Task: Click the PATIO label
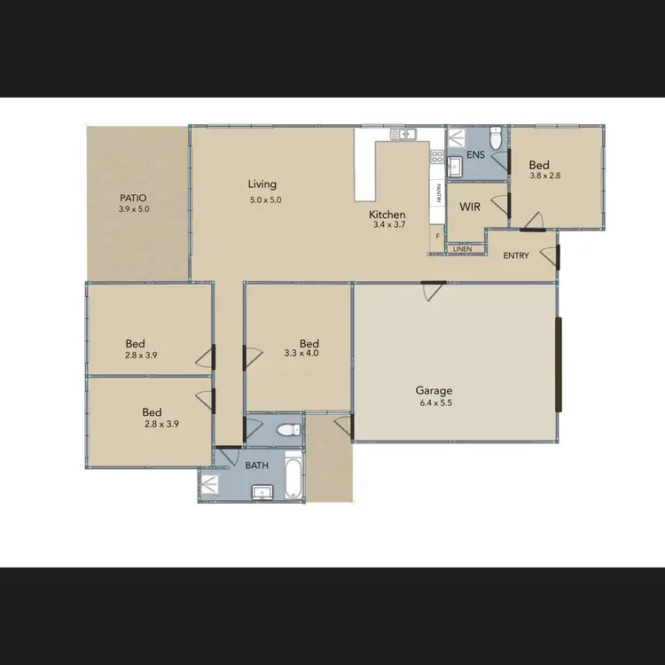133,198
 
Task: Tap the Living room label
262,184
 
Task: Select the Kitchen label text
387,215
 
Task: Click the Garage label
434,390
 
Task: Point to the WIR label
470,207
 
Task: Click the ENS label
475,155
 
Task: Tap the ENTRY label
517,255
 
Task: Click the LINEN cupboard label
462,249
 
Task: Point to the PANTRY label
438,192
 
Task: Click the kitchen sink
404,134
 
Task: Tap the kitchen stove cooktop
437,157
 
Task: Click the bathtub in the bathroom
293,476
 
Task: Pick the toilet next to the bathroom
287,431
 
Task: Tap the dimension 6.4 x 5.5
434,403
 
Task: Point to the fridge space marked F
436,236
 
